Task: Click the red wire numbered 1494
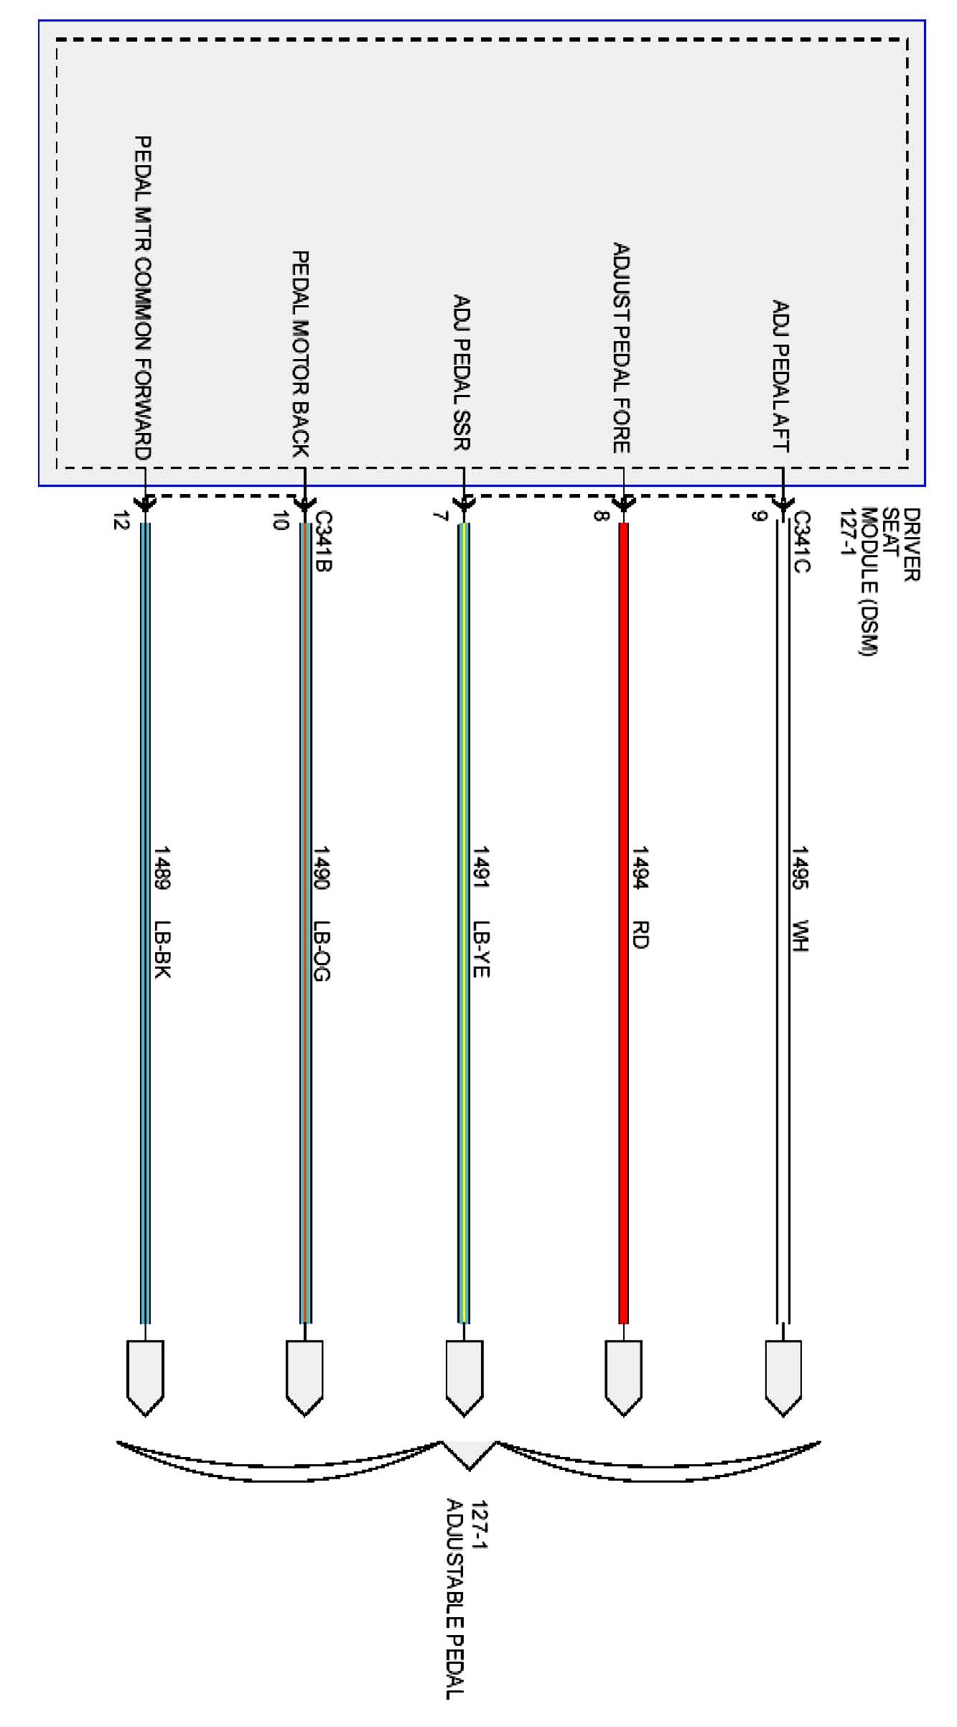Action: click(x=623, y=1077)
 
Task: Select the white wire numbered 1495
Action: click(x=783, y=1077)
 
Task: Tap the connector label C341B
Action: click(x=323, y=541)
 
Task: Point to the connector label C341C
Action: click(x=802, y=541)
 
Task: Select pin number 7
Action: click(x=440, y=516)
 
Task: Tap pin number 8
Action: click(x=599, y=515)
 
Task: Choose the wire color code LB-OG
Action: click(x=322, y=950)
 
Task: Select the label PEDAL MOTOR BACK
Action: click(x=300, y=353)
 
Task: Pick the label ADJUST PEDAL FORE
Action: click(x=621, y=348)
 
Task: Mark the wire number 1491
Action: click(x=481, y=867)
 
